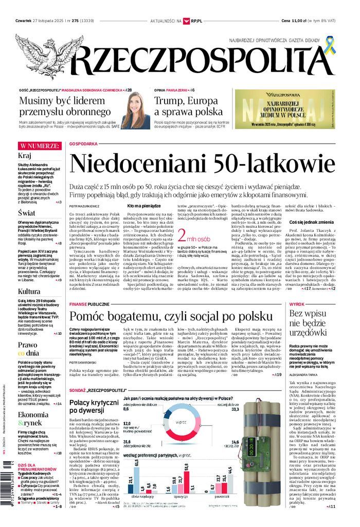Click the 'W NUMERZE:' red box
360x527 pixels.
tap(40, 146)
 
